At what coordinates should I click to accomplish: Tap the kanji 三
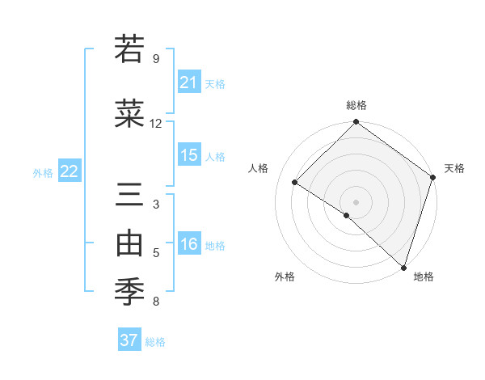click(132, 196)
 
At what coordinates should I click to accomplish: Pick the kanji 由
click(132, 243)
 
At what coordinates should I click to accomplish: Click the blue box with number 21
click(189, 82)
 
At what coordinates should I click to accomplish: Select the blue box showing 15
click(189, 155)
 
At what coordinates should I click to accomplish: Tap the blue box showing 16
click(189, 244)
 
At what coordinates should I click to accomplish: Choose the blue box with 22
click(70, 171)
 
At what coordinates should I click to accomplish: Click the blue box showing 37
click(129, 340)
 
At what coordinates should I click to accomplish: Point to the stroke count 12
click(156, 124)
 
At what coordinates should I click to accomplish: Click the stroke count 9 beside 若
click(156, 58)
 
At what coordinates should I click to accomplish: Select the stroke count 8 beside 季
click(156, 302)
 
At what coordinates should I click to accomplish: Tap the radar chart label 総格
click(356, 105)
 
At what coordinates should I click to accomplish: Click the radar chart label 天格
click(454, 168)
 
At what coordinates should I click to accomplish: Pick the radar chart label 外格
click(285, 277)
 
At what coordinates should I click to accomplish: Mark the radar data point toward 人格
click(295, 183)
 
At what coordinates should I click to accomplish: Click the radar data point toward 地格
click(403, 267)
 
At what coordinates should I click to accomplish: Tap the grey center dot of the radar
click(356, 201)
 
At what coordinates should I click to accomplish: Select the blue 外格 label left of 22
click(43, 172)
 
